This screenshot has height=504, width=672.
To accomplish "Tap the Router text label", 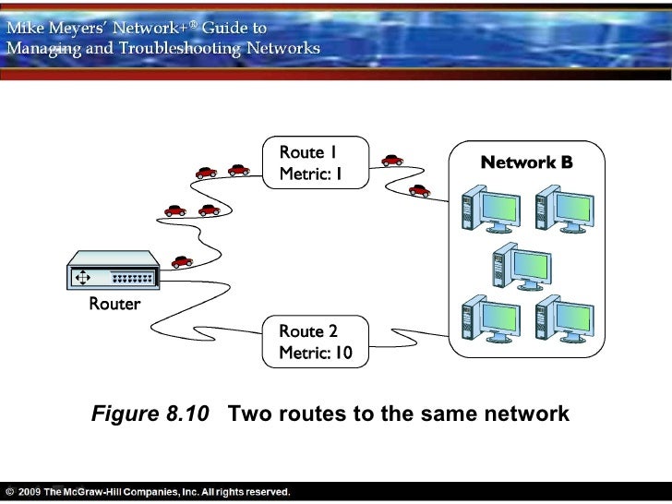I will pyautogui.click(x=114, y=305).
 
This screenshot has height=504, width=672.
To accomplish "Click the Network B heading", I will pyautogui.click(x=526, y=163).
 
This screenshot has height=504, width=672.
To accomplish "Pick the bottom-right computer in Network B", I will pyautogui.click(x=561, y=318).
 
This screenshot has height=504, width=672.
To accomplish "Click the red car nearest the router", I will pyautogui.click(x=182, y=261).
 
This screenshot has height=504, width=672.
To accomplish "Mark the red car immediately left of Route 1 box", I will pyautogui.click(x=239, y=170).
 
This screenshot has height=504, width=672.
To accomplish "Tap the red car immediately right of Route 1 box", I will pyautogui.click(x=392, y=158).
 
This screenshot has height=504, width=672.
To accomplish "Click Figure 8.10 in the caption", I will pyautogui.click(x=150, y=414).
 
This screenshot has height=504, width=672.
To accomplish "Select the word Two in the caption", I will pyautogui.click(x=247, y=414).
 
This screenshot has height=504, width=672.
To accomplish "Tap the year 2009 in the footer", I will pyautogui.click(x=29, y=492).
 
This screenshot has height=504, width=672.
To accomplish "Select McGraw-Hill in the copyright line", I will pyautogui.click(x=101, y=492).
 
